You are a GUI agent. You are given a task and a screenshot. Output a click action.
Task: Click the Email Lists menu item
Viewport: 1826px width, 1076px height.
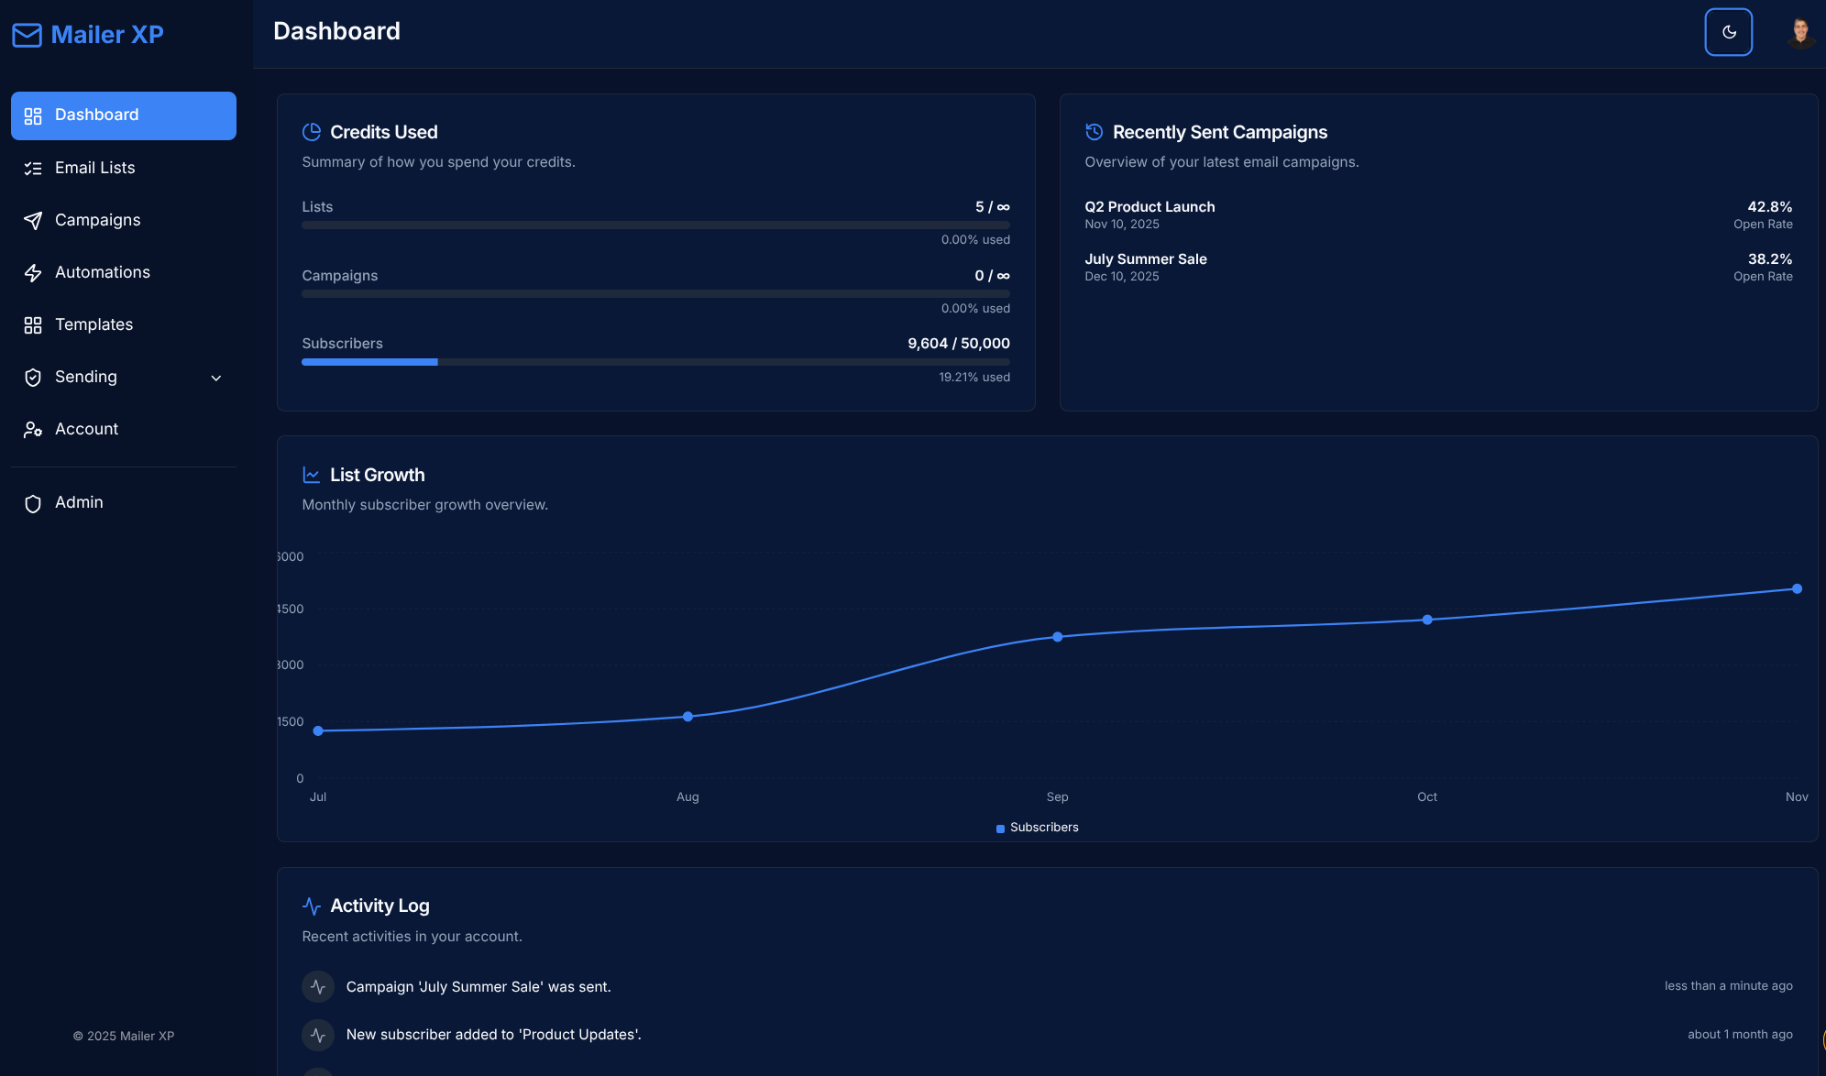tap(94, 168)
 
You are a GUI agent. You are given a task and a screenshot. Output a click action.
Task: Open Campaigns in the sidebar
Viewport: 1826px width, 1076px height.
tap(97, 220)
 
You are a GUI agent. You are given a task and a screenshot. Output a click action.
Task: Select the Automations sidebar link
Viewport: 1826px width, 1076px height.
tap(102, 272)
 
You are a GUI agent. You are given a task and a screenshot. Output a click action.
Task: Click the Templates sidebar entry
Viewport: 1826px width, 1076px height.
tap(93, 324)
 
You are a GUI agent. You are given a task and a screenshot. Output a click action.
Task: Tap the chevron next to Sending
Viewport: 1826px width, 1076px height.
tap(216, 378)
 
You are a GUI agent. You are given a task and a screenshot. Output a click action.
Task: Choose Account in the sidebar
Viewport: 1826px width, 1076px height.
tap(86, 429)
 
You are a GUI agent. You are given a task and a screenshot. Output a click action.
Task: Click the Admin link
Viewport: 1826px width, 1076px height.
tap(79, 502)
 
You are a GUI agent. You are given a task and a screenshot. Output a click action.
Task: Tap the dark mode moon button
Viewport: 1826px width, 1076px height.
tap(1728, 32)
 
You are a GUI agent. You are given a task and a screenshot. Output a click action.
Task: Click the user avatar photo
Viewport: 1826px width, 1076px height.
tap(1800, 32)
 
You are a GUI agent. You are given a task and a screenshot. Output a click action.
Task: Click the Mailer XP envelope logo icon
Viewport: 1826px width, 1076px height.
tap(27, 35)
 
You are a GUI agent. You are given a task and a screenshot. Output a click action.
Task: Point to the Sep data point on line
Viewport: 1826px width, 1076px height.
tap(1057, 636)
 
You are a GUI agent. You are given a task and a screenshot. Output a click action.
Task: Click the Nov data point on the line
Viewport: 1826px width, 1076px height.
tap(1797, 588)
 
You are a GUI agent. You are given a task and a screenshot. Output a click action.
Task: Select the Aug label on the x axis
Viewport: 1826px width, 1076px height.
tap(687, 796)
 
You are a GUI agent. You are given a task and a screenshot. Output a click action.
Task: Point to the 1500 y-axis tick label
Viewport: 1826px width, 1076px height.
tap(291, 721)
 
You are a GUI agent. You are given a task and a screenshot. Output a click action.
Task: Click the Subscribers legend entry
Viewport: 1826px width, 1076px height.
tap(1038, 828)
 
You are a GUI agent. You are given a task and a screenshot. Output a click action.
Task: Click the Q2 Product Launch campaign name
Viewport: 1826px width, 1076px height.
tap(1149, 207)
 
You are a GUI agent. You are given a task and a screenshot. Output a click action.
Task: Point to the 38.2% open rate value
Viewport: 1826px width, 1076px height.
tap(1769, 259)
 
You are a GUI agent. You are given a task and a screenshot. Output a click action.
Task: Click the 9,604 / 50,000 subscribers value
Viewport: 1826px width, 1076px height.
tap(958, 344)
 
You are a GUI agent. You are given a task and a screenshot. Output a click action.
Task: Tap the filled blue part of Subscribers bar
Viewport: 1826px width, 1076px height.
tap(369, 362)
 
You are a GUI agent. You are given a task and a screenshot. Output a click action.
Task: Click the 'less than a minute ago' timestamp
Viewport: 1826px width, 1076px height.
tap(1728, 986)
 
